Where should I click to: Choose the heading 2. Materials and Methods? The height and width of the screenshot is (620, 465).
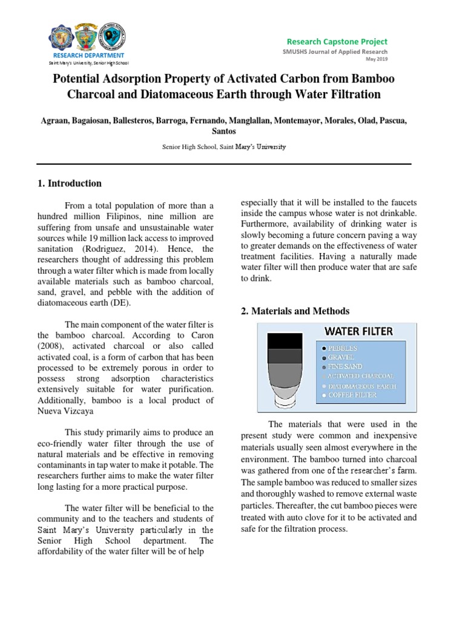point(295,311)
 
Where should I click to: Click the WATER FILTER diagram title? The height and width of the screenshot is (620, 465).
point(358,331)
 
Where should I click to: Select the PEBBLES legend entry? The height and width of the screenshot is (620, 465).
point(343,349)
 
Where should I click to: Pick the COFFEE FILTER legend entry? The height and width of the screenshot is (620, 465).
point(354,395)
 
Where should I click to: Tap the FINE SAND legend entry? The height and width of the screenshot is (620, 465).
point(345,367)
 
